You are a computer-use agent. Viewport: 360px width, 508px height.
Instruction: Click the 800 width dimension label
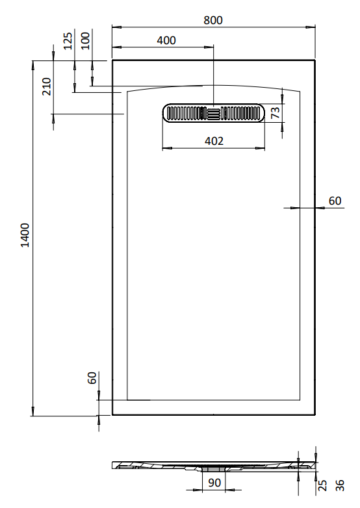pyautogui.click(x=213, y=20)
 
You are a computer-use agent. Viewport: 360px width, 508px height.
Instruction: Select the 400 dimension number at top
pyautogui.click(x=166, y=40)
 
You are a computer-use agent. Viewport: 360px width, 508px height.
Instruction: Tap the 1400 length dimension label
pyautogui.click(x=25, y=235)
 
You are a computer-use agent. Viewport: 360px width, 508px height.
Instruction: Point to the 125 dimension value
pyautogui.click(x=68, y=41)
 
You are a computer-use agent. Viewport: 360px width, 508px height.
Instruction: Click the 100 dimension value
pyautogui.click(x=86, y=41)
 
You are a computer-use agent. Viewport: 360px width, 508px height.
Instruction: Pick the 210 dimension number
pyautogui.click(x=47, y=86)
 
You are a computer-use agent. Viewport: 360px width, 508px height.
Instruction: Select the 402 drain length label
pyautogui.click(x=214, y=141)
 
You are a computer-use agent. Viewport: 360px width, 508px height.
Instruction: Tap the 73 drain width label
pyautogui.click(x=275, y=113)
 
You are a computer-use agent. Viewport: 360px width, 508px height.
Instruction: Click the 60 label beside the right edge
pyautogui.click(x=335, y=201)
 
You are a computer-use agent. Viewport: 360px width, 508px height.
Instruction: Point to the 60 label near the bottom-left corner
pyautogui.click(x=92, y=378)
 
